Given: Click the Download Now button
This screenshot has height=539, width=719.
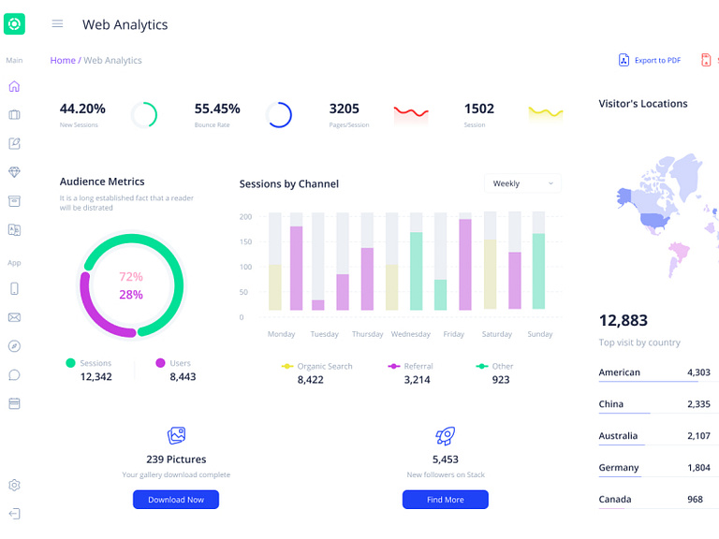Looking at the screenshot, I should point(176,500).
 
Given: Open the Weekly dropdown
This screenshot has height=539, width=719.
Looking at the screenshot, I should point(522,183).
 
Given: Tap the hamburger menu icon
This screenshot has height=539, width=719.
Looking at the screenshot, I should point(57,24).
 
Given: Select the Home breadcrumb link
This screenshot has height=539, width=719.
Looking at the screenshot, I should point(63,60).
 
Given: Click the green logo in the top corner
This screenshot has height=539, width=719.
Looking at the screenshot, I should point(14,24).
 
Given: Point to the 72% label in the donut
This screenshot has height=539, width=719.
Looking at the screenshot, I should point(131,277).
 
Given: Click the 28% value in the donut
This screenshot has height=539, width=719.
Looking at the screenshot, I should point(131,295).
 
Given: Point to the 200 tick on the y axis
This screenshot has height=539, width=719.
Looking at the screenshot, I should point(245,217).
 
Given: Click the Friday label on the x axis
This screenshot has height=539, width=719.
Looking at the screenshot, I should point(453,334).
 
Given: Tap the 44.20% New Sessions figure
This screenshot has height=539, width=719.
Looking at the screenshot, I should point(82,109).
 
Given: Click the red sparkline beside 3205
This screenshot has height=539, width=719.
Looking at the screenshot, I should point(411,114).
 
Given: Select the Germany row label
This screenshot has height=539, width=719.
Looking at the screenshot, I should point(619,468).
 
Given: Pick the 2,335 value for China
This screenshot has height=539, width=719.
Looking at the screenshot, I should point(697,404).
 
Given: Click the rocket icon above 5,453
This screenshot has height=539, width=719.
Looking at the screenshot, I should point(446,436).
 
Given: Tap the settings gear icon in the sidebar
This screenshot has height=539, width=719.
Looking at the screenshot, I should point(14,486).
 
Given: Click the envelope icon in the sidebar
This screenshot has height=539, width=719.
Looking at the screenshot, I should point(14,317).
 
